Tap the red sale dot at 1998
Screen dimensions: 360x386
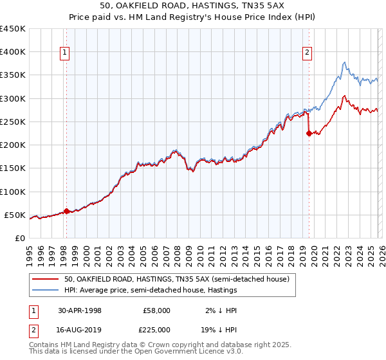[66, 210]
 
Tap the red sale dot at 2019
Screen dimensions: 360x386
[309, 134]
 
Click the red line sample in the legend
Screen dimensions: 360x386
[46, 280]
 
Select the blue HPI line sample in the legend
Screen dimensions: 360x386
[46, 291]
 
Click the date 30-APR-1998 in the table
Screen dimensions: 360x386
[80, 310]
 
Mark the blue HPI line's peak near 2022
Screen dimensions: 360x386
[344, 62]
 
